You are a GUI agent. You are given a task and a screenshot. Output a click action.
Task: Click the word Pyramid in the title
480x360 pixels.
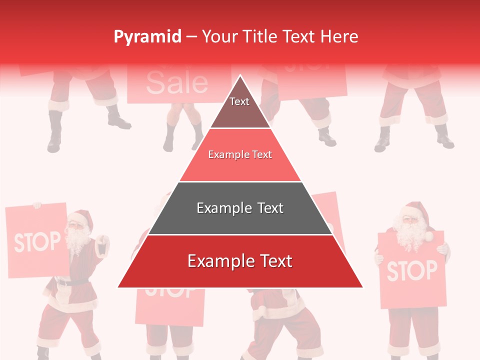click(x=147, y=37)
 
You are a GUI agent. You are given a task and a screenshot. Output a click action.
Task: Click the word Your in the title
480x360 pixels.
click(x=218, y=37)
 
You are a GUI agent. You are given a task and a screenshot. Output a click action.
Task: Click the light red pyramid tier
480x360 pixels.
click(x=240, y=155)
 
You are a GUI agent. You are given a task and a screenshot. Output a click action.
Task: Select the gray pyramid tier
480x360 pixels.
click(x=240, y=208)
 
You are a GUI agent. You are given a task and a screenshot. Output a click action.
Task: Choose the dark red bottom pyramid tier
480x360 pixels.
click(x=240, y=261)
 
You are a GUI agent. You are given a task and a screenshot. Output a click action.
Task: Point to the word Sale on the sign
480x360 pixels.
click(x=177, y=82)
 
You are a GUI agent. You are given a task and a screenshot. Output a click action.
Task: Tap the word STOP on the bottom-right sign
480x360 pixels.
click(x=411, y=270)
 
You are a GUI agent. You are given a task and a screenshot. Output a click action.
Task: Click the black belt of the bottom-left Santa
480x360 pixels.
click(x=70, y=282)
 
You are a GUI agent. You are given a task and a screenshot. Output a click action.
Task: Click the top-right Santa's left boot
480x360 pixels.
click(x=383, y=140)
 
